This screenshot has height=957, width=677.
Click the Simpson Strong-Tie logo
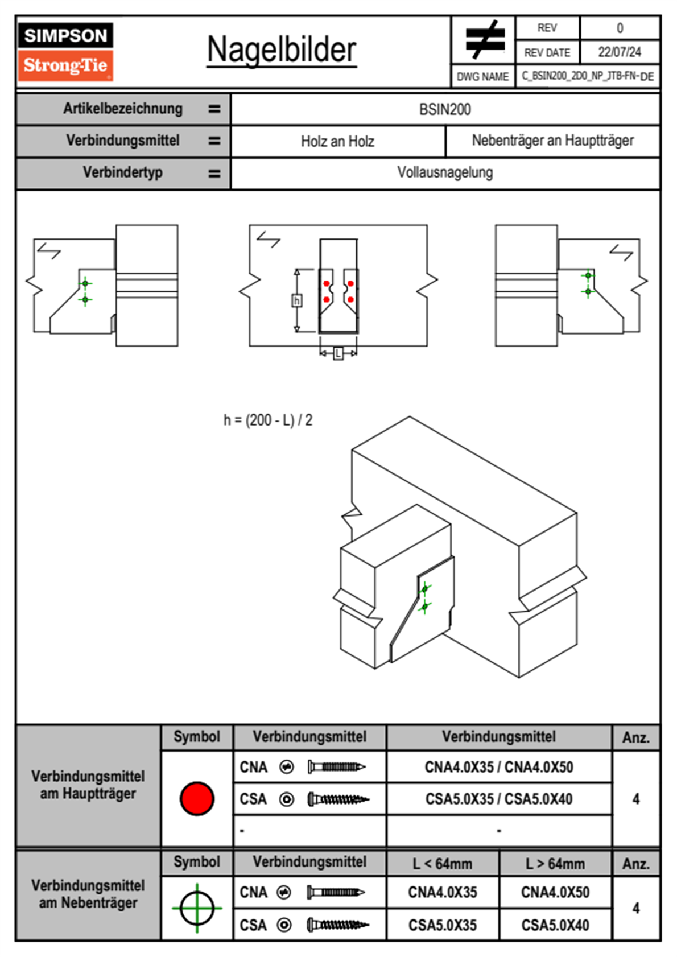[65, 52]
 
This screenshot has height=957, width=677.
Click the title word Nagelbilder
[282, 50]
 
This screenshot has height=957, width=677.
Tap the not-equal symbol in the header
[484, 40]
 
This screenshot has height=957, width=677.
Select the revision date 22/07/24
[619, 52]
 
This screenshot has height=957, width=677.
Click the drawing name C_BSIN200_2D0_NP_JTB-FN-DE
[588, 76]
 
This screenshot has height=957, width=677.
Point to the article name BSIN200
[445, 109]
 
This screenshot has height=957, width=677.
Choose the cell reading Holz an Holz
[337, 141]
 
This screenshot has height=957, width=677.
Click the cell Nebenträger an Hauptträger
[552, 141]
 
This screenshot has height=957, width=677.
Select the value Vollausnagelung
[445, 172]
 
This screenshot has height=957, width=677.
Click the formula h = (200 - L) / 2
[268, 420]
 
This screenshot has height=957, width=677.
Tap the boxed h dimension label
[296, 300]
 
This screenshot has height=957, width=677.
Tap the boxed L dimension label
[338, 353]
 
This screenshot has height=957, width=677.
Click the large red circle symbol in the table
[197, 798]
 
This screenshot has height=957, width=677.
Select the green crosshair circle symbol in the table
[197, 908]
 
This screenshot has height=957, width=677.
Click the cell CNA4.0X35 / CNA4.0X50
[499, 767]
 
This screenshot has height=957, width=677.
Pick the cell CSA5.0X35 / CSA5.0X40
[499, 799]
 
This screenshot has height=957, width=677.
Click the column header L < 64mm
[442, 864]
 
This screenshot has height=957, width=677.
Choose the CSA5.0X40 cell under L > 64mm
[555, 925]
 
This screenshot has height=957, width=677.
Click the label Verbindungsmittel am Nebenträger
[88, 894]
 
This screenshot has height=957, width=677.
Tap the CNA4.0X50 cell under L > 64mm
[555, 892]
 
